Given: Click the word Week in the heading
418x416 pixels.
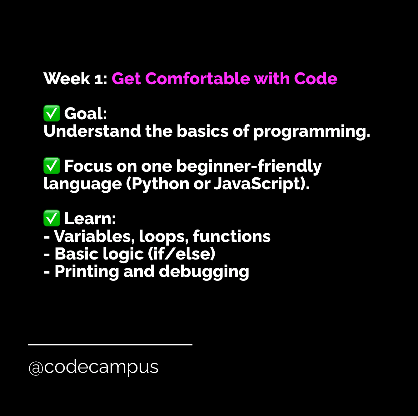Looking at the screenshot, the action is (67, 78).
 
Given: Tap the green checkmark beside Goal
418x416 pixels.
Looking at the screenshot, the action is (52, 113).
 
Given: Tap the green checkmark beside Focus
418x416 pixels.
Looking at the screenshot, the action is (52, 166).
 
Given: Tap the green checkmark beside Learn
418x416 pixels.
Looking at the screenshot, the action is (52, 218).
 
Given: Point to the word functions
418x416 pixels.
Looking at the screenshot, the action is (232, 236).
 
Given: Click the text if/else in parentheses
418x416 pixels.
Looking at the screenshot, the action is (181, 254).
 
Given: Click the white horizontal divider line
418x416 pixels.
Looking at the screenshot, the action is (110, 344).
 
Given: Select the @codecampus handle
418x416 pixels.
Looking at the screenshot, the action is (93, 368).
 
